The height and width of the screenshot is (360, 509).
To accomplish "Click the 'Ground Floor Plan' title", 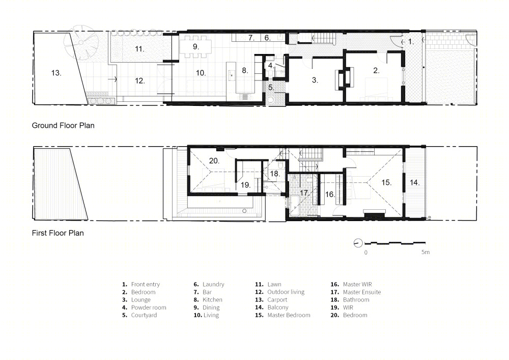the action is pyautogui.click(x=63, y=126).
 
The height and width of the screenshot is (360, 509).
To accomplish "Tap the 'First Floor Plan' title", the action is pyautogui.click(x=58, y=233).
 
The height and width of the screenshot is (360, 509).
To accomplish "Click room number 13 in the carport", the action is pyautogui.click(x=56, y=73).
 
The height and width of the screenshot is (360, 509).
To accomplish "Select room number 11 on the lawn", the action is pyautogui.click(x=139, y=49).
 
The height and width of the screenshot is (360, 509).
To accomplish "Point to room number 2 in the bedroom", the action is pyautogui.click(x=376, y=70).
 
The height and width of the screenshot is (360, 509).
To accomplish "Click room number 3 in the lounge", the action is pyautogui.click(x=315, y=80).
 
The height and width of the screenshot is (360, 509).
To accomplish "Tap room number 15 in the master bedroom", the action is pyautogui.click(x=386, y=182).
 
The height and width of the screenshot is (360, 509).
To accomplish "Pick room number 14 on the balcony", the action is pyautogui.click(x=414, y=182).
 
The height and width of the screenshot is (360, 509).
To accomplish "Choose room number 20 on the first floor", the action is pyautogui.click(x=214, y=161).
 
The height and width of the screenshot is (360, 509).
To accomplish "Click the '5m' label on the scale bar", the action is pyautogui.click(x=425, y=252).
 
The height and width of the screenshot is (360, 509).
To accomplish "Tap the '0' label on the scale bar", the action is pyautogui.click(x=366, y=252).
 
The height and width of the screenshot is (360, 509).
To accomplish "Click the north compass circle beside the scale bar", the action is pyautogui.click(x=358, y=243).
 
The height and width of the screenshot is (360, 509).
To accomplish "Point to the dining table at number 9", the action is pyautogui.click(x=196, y=47).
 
